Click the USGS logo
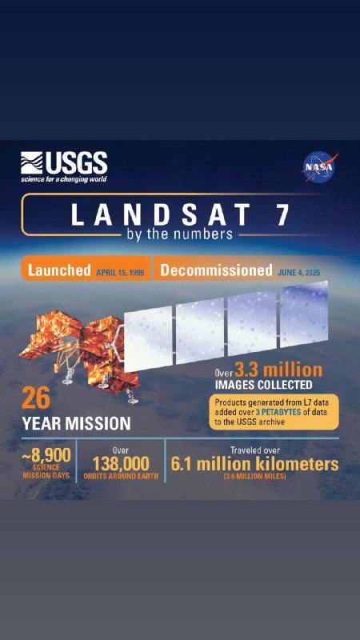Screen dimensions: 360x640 64,167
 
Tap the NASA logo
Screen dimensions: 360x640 320,167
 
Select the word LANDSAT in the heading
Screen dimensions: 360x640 161,214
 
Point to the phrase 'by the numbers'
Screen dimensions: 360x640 180,234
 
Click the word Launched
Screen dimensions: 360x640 58,270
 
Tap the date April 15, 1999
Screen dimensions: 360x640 120,273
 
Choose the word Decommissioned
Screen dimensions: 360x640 216,270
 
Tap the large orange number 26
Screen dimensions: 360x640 36,398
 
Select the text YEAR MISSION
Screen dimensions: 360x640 76,423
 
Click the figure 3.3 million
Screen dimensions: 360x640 278,370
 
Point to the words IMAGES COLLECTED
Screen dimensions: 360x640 263,385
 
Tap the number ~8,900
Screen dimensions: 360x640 46,454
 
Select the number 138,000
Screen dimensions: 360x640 121,464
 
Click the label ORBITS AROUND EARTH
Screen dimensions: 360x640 121,476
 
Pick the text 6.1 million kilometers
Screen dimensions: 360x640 254,464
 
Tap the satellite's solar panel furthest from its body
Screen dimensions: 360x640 304,314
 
